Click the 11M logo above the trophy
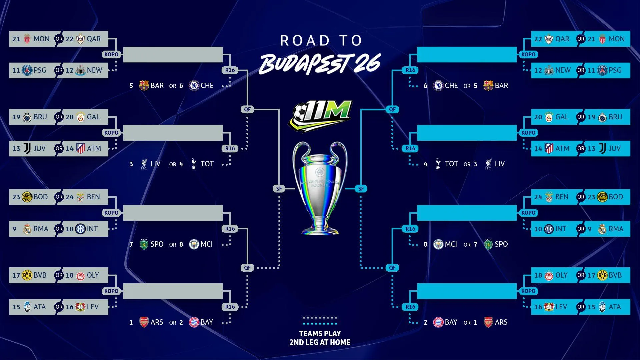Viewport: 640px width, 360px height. coord(320,115)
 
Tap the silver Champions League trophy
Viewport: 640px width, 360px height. coord(320,187)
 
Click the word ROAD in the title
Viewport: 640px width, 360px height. coord(305,41)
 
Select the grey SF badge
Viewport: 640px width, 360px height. coord(279,189)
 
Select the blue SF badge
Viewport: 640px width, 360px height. coord(361,189)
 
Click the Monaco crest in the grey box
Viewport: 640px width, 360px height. coord(27,39)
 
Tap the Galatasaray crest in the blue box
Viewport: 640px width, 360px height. coord(549,117)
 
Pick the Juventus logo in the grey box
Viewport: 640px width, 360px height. coord(27,149)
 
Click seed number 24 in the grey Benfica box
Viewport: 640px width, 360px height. coord(69,197)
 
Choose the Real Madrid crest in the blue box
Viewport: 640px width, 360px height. coord(602,229)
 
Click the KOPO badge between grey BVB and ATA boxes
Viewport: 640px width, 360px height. coord(111,291)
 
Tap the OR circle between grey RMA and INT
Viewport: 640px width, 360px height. coord(59,229)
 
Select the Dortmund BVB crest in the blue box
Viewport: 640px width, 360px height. coord(602,276)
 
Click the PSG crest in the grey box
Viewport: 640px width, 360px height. coord(27,70)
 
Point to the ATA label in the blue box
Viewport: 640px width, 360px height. coord(615,307)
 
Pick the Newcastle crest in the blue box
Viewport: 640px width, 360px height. coord(549,71)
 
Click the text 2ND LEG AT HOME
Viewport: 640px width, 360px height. coord(320,342)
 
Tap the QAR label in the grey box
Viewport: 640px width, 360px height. coord(94,39)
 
